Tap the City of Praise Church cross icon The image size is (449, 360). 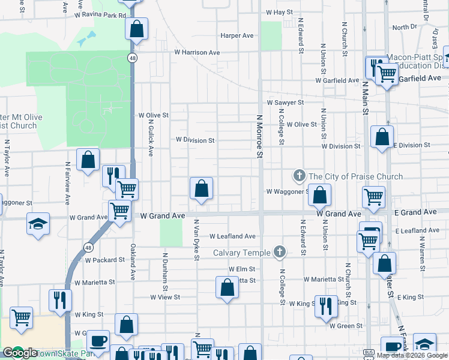pos(299,176)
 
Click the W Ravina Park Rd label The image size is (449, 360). pos(100,15)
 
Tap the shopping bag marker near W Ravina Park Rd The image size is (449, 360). pos(137,28)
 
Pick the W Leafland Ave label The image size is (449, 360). pos(232,236)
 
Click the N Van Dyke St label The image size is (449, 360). pos(196,240)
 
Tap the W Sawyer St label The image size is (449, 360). pos(285,103)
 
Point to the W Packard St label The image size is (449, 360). pos(104,260)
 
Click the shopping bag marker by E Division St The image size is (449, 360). pos(382,137)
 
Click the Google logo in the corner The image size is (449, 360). pos(20,353)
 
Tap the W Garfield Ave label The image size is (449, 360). pos(338,80)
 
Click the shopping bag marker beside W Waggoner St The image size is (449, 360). pos(321,194)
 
